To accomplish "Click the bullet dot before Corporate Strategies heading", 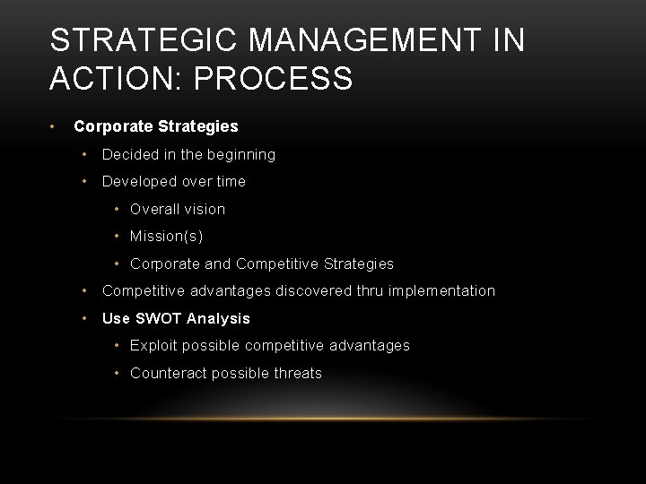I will (55, 126).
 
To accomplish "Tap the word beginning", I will (241, 154).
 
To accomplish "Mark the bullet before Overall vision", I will (118, 209).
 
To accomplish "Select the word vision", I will (205, 209).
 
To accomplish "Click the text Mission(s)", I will (167, 237).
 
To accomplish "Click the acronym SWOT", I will (158, 318).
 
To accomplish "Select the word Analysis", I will (219, 318).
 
